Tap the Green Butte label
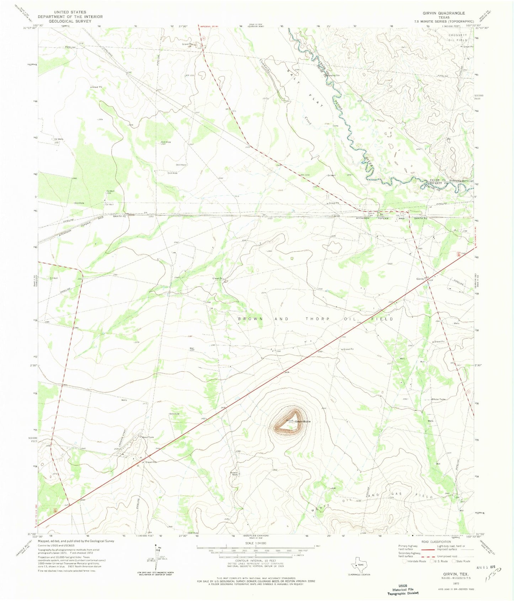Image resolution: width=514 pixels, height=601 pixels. click(303, 422)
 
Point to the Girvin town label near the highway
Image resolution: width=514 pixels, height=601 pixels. click(420, 279)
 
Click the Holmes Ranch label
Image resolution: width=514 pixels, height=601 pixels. click(233, 473)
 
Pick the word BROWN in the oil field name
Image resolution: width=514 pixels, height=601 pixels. click(251, 319)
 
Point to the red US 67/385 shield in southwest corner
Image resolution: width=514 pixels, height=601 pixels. click(55, 510)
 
